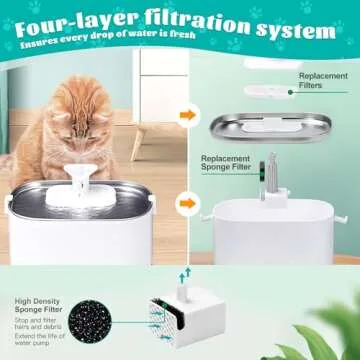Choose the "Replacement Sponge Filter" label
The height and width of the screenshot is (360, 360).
[231, 164]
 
